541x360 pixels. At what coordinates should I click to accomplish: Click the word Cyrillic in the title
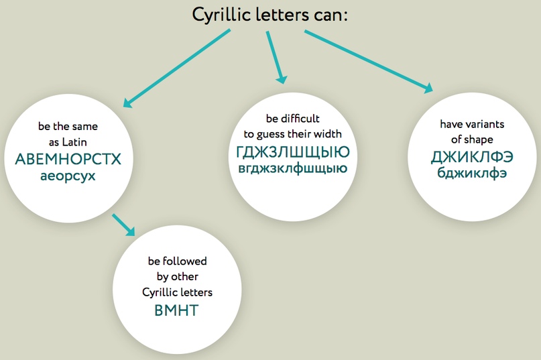[221, 15]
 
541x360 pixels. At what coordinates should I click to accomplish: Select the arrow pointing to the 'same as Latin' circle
[177, 68]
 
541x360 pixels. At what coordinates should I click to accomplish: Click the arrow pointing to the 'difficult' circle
[276, 57]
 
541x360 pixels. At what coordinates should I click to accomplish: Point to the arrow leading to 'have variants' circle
[369, 62]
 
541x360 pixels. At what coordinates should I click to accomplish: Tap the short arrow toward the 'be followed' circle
[123, 225]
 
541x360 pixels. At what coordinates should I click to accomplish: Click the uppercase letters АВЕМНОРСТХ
[68, 160]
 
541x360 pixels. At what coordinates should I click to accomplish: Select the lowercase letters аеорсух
[68, 176]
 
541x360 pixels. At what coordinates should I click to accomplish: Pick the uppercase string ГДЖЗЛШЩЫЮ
[293, 152]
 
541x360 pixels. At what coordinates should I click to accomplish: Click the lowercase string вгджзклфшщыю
[293, 169]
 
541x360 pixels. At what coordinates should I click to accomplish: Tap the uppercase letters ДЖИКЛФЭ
[472, 158]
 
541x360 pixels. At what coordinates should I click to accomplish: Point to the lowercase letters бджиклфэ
[472, 172]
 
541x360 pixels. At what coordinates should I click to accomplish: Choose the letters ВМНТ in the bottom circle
[176, 310]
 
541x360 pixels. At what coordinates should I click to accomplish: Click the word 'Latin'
[74, 142]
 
